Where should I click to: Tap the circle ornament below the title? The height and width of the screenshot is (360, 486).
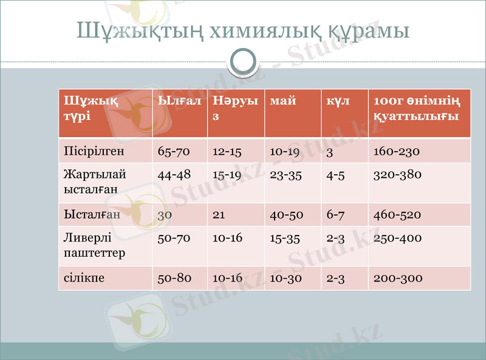[243, 61]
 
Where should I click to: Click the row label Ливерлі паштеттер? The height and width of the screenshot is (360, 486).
[95, 245]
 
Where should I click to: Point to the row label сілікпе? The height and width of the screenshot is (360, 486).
[84, 278]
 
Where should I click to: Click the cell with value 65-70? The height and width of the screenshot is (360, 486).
[174, 151]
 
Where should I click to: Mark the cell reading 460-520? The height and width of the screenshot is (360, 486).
[397, 214]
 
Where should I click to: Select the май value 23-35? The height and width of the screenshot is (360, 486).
[286, 175]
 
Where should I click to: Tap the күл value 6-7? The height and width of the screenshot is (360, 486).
[336, 214]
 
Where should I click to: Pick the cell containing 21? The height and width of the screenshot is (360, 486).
[219, 214]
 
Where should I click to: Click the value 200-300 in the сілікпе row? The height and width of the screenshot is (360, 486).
[397, 278]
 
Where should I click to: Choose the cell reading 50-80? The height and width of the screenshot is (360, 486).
[174, 278]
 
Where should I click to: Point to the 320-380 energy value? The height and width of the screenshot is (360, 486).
[397, 175]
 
